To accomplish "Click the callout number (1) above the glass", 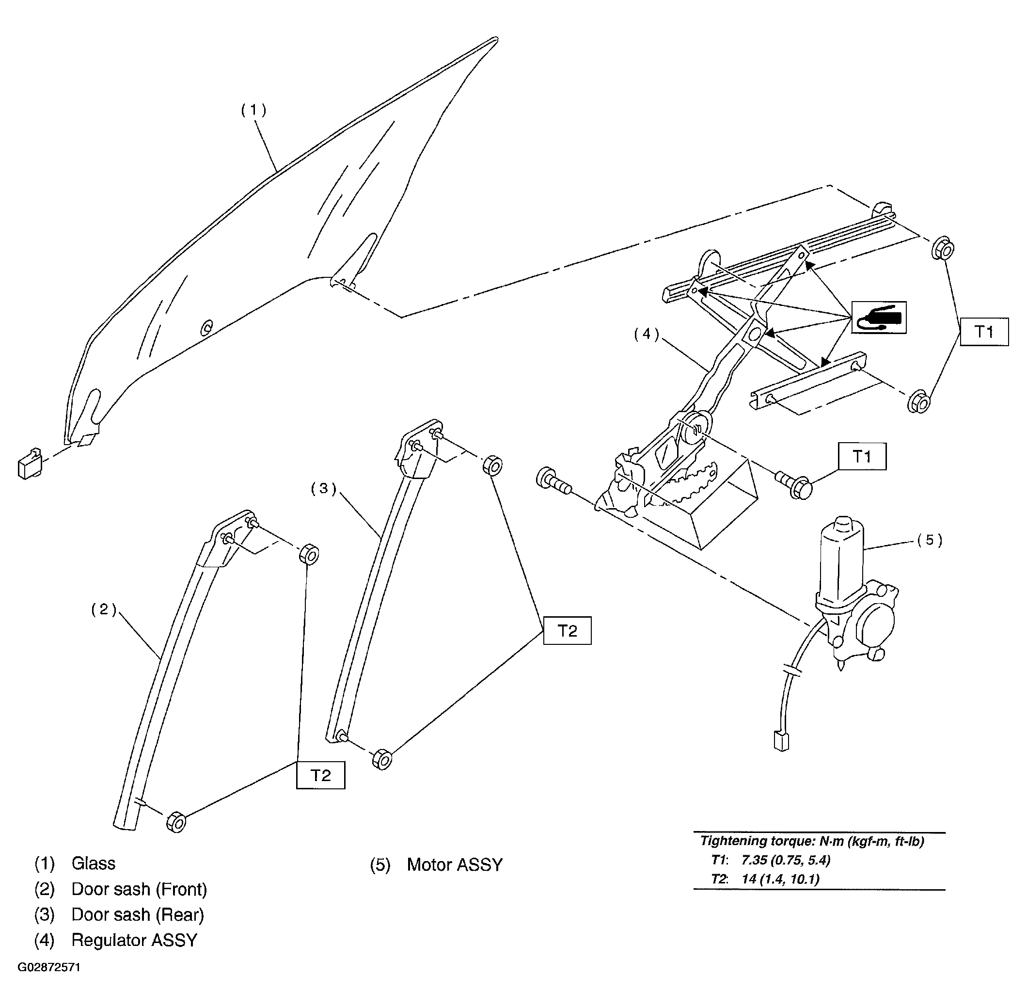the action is click(253, 110).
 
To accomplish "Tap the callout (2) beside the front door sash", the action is click(104, 609).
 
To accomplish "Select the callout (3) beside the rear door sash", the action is click(324, 489).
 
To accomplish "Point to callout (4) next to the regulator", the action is click(647, 334).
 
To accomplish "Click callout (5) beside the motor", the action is click(930, 540).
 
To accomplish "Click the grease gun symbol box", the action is click(878, 318).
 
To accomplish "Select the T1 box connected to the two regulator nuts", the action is click(984, 332).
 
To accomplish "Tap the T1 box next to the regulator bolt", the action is click(862, 456).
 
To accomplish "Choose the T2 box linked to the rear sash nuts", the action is click(567, 630).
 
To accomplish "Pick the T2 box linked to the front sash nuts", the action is click(321, 775).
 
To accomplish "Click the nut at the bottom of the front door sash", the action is click(176, 821).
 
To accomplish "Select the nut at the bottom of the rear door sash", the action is click(382, 759).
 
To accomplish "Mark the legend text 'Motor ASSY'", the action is click(455, 864).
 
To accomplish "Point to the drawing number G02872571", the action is click(49, 967).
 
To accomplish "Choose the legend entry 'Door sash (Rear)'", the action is click(138, 914).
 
